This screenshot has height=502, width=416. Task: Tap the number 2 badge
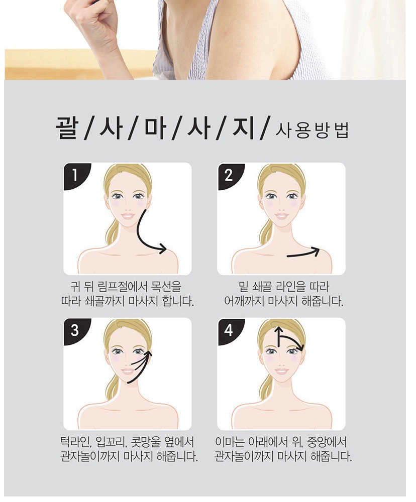tap(228, 175)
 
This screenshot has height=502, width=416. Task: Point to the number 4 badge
tap(228, 330)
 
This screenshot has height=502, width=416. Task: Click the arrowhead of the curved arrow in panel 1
tap(163, 248)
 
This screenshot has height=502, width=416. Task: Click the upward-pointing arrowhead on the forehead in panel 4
tap(278, 330)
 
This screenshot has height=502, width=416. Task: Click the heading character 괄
tap(67, 128)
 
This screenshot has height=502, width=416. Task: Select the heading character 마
tap(155, 128)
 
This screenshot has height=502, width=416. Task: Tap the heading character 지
tap(244, 128)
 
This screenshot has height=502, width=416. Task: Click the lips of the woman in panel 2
tap(281, 216)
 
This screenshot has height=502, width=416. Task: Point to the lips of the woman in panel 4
tap(281, 371)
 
